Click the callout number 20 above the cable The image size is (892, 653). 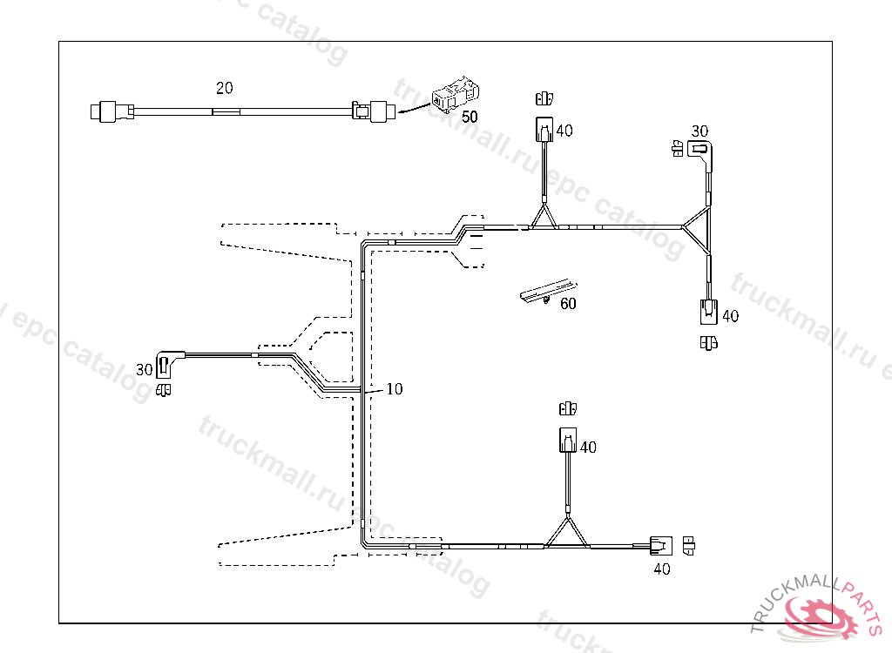click(x=225, y=88)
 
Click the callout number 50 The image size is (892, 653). click(x=470, y=116)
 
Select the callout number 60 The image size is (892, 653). click(x=568, y=304)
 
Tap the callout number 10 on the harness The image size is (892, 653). click(x=395, y=389)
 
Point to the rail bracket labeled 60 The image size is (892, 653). click(x=546, y=291)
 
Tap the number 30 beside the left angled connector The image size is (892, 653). click(x=145, y=370)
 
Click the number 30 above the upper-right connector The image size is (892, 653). click(x=699, y=131)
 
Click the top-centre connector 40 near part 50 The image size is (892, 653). click(x=543, y=131)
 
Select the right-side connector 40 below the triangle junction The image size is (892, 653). click(x=709, y=311)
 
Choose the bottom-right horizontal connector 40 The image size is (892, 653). click(x=660, y=547)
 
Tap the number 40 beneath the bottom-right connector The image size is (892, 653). click(x=662, y=569)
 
